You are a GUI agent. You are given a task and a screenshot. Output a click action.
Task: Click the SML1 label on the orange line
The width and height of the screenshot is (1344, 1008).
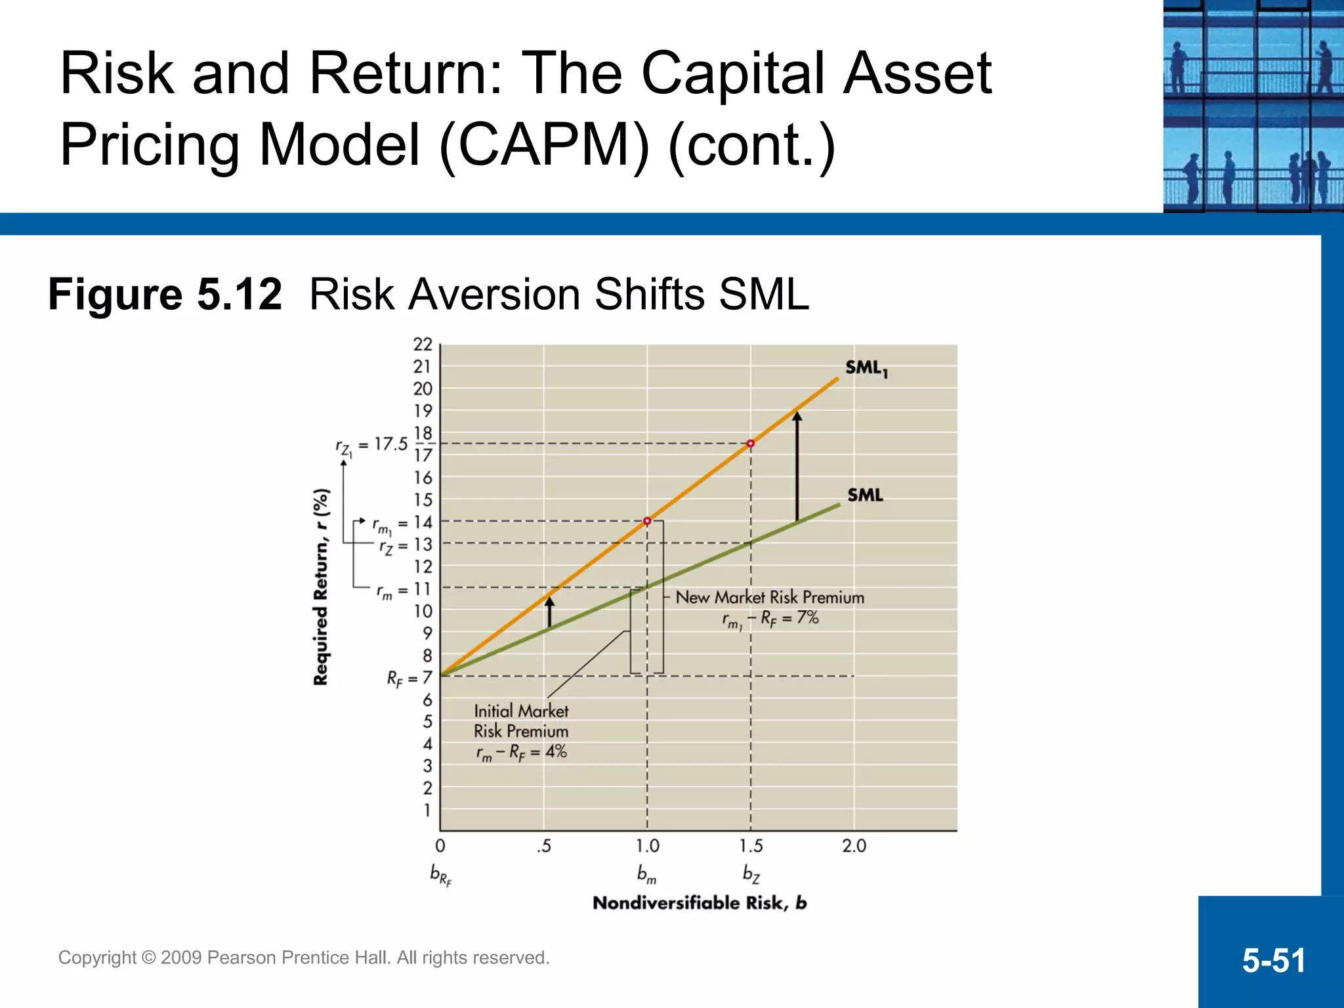click(x=866, y=369)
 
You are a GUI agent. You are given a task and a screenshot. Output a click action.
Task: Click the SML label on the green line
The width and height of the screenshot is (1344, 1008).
click(x=865, y=495)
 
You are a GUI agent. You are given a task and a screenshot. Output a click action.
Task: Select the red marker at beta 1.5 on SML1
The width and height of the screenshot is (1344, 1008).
click(x=751, y=444)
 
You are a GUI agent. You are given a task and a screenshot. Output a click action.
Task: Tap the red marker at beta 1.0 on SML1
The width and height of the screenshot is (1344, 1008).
click(x=647, y=521)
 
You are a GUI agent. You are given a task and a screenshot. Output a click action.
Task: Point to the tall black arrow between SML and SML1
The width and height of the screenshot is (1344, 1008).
click(x=797, y=466)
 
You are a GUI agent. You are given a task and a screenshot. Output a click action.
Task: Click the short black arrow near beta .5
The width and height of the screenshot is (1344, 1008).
click(x=550, y=612)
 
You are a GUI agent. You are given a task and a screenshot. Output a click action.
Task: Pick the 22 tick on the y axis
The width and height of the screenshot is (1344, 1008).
click(x=423, y=345)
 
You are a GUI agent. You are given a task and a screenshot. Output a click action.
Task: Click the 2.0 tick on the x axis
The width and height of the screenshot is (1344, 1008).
click(x=854, y=846)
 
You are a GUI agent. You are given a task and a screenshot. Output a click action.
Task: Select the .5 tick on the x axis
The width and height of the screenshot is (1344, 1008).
click(x=543, y=846)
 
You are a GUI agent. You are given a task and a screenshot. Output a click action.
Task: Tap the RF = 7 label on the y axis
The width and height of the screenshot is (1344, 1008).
click(x=409, y=678)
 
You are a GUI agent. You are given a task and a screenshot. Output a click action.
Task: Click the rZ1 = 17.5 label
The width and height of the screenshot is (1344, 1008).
click(x=371, y=446)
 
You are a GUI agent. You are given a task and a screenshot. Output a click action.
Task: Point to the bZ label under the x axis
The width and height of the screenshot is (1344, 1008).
click(x=751, y=873)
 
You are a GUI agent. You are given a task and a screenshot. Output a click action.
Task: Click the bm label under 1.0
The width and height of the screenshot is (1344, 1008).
click(x=646, y=873)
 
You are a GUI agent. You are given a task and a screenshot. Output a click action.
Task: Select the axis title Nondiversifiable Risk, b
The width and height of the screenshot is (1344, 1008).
click(x=700, y=903)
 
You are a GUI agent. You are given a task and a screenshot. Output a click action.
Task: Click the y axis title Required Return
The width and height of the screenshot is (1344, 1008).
click(x=321, y=587)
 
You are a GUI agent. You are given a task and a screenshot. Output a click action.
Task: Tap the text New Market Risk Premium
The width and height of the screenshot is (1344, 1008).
click(x=770, y=597)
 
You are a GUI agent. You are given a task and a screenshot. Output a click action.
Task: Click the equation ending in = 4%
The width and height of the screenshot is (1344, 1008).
click(x=521, y=753)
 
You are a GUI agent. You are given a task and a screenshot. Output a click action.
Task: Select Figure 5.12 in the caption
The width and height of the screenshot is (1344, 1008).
click(x=165, y=294)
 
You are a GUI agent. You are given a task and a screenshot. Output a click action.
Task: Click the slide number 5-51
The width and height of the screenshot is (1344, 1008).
click(x=1273, y=960)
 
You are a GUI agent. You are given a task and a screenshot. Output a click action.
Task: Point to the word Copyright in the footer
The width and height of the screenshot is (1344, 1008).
click(x=97, y=957)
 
